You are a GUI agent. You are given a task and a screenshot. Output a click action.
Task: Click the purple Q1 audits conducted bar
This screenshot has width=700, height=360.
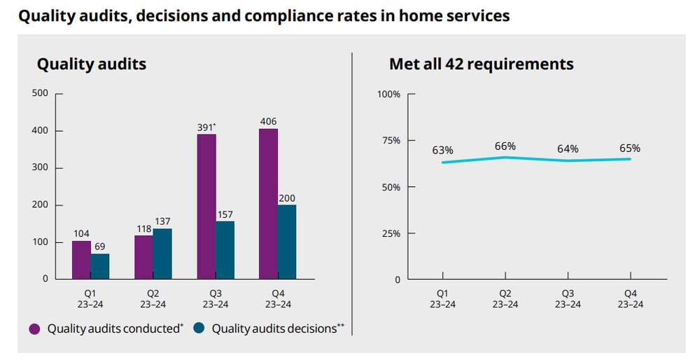[x=81, y=260]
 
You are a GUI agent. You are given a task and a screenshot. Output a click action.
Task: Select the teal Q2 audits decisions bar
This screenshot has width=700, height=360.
[x=162, y=254]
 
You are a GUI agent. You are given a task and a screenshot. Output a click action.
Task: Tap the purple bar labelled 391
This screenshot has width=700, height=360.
[x=206, y=207]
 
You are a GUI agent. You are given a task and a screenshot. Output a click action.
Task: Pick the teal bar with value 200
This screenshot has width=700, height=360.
[x=287, y=242]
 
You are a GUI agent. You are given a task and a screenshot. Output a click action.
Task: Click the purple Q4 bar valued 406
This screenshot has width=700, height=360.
[x=268, y=204]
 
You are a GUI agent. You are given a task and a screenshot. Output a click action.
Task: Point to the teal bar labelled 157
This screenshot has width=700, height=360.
[x=225, y=250]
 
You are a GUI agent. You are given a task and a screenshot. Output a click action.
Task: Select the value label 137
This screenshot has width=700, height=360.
[x=162, y=221]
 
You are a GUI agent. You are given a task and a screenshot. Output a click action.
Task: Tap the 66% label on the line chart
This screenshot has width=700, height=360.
[x=505, y=146]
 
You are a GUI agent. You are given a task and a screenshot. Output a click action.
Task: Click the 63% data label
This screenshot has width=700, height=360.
[x=442, y=150]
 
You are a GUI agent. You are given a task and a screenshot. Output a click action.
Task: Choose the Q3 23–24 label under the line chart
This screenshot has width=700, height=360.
[x=568, y=299]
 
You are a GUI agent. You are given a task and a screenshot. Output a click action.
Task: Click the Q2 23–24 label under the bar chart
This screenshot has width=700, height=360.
[x=153, y=299]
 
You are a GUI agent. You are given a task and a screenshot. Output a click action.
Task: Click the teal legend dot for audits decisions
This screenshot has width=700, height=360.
[x=199, y=328]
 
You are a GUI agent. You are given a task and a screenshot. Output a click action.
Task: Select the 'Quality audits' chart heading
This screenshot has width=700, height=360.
[x=92, y=64]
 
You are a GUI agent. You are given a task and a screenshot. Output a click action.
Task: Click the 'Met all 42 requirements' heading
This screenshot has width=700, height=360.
[x=482, y=64]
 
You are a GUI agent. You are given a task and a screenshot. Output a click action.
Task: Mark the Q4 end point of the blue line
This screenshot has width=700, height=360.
[x=630, y=159]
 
